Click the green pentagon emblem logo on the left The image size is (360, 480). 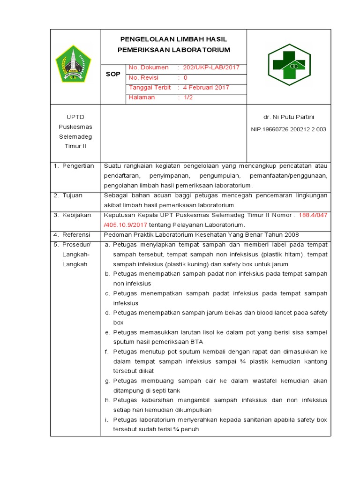tap(72, 63)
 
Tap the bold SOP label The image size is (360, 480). tap(112, 74)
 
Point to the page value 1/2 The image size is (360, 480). tap(188, 97)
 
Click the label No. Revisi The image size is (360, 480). tap(143, 78)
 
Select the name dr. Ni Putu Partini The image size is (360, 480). tap(288, 117)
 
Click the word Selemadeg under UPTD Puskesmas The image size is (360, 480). tap(75, 136)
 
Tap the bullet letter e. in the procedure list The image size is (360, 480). tap(107, 332)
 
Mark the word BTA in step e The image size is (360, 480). tap(197, 342)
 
